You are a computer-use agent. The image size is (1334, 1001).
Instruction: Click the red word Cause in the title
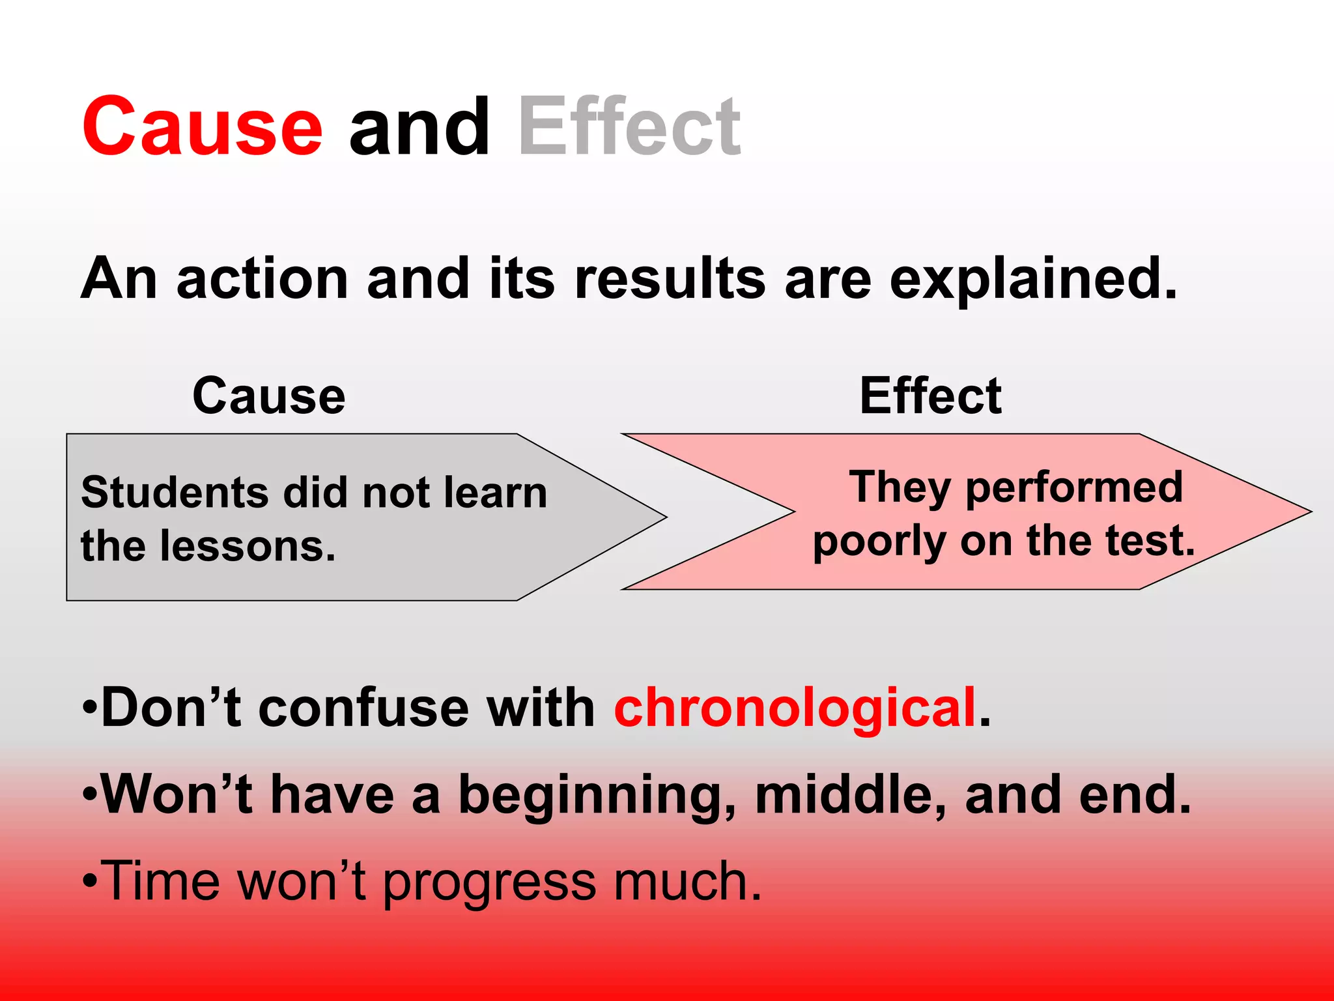202,127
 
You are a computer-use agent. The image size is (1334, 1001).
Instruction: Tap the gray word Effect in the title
629,127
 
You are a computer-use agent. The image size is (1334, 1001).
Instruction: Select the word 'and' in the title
419,127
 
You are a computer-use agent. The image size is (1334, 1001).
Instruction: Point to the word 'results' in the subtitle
669,279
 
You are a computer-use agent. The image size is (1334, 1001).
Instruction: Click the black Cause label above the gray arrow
269,396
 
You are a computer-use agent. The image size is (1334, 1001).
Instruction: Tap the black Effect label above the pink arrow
930,396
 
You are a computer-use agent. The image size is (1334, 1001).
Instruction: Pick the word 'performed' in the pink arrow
1073,487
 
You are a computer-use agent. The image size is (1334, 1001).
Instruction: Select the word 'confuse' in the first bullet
363,708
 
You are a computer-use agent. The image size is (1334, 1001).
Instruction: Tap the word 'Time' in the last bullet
161,881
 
